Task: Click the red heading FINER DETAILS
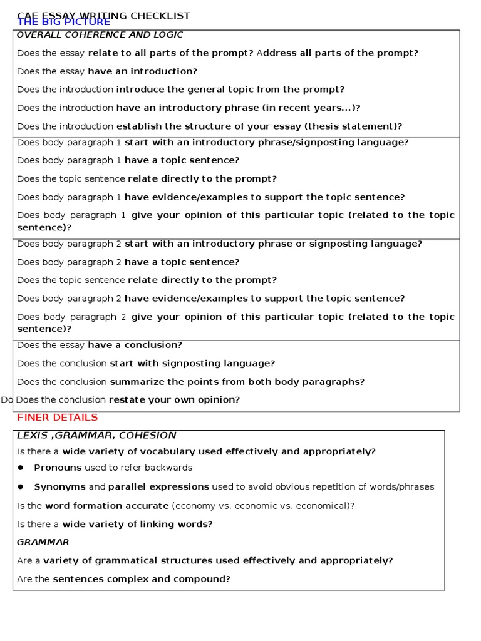pyautogui.click(x=57, y=418)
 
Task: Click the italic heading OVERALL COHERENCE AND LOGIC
pyautogui.click(x=100, y=35)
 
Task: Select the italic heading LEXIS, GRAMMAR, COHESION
pyautogui.click(x=96, y=435)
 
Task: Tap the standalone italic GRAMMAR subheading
pyautogui.click(x=43, y=542)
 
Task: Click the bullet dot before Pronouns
pyautogui.click(x=20, y=468)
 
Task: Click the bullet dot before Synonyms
pyautogui.click(x=20, y=486)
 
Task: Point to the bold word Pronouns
pyautogui.click(x=58, y=468)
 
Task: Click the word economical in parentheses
pyautogui.click(x=323, y=506)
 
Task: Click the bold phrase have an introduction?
pyautogui.click(x=142, y=71)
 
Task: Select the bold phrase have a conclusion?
pyautogui.click(x=135, y=345)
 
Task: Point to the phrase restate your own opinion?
pyautogui.click(x=174, y=399)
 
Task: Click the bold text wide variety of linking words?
pyautogui.click(x=137, y=525)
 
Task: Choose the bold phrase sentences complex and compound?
pyautogui.click(x=142, y=579)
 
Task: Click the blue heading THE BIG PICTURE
pyautogui.click(x=63, y=23)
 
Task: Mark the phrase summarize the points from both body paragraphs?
pyautogui.click(x=237, y=382)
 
